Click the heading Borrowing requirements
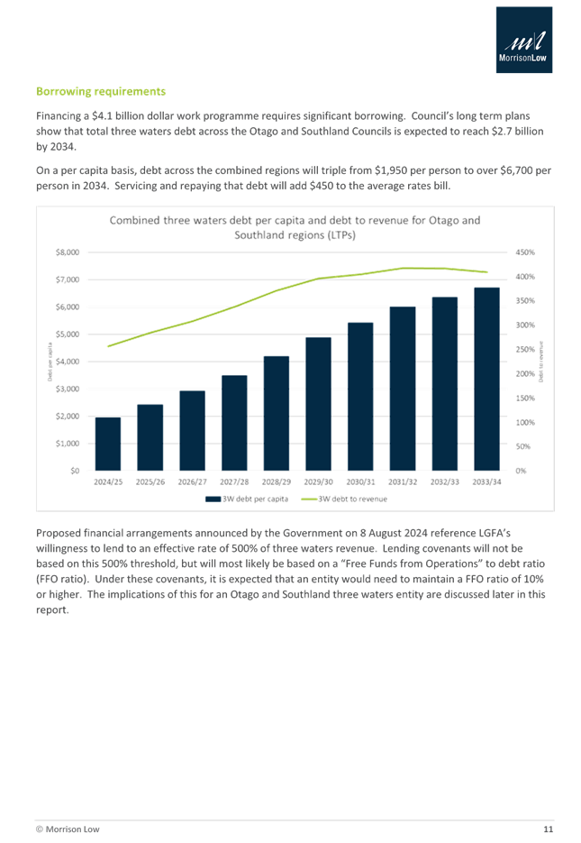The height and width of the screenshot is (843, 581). (100, 92)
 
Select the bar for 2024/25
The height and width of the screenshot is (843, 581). (108, 443)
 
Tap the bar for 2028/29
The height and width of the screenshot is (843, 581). (277, 412)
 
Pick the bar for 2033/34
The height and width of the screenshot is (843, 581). (486, 378)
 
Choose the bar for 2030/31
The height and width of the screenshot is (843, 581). (360, 396)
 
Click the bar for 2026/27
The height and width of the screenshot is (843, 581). (192, 429)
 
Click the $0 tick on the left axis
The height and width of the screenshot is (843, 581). (74, 470)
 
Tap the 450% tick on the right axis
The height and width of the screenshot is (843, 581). (524, 252)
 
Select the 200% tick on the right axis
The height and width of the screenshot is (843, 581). (524, 373)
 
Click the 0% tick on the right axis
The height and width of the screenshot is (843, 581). (521, 470)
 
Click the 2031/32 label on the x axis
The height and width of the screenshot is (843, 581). (403, 481)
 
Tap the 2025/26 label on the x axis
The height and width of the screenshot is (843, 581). (150, 481)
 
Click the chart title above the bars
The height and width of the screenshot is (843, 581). (295, 227)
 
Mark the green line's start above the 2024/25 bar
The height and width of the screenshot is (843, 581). (108, 346)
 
